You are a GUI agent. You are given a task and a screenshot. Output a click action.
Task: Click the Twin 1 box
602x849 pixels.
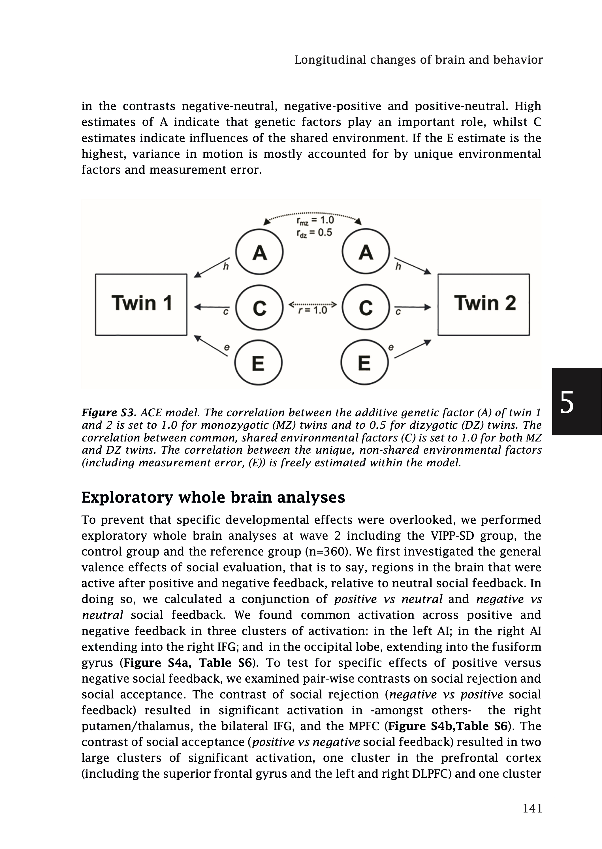point(141,305)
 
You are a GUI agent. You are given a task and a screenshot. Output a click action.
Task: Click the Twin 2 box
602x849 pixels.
point(483,305)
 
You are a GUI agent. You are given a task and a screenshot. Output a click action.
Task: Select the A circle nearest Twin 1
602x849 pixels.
point(259,252)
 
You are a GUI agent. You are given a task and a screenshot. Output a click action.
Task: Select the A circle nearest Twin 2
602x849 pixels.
point(366,252)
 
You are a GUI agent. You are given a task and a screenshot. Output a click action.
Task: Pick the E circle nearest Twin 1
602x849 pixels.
point(258,363)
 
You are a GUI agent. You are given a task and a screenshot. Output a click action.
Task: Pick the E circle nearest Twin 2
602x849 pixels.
point(364,363)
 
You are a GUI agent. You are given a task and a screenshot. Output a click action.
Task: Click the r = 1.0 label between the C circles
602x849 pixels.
point(313,310)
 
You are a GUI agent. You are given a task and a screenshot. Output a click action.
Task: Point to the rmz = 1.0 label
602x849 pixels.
point(315,220)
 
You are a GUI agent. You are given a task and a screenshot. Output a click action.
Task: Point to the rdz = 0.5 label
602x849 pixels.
point(314,233)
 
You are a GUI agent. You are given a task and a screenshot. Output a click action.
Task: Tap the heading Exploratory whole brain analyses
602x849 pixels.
point(213,497)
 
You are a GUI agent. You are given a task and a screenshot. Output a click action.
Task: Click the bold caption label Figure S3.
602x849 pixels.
point(109,413)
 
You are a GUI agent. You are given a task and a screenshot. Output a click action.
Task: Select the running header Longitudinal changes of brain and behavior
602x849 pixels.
point(418,60)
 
